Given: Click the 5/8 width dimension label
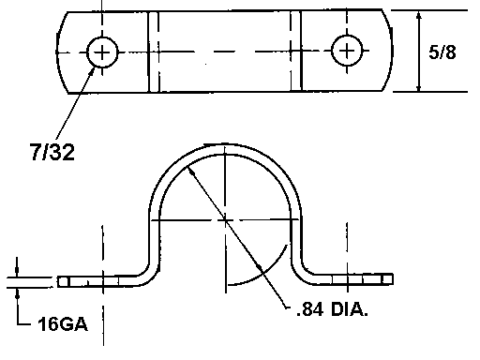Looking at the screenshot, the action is click(x=442, y=52).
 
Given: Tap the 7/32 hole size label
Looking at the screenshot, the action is click(x=52, y=152).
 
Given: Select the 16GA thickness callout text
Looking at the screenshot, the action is click(x=63, y=323).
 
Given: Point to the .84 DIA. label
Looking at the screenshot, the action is click(x=332, y=309).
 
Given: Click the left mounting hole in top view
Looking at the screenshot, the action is click(x=102, y=52).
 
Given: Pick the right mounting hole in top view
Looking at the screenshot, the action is click(x=347, y=51).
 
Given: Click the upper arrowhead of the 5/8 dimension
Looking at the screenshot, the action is click(x=419, y=16).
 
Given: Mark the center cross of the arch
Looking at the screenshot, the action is click(x=225, y=220).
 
